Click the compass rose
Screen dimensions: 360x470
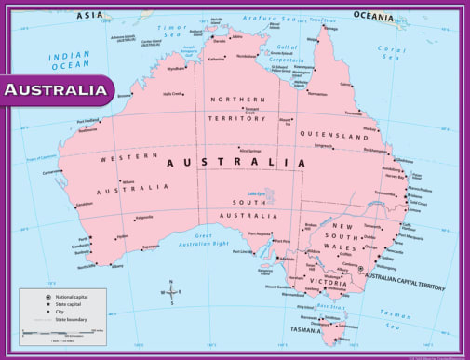tap(171, 292)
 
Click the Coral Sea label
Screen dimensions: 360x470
tap(393, 51)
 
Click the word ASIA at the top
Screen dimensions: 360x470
tap(90, 15)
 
